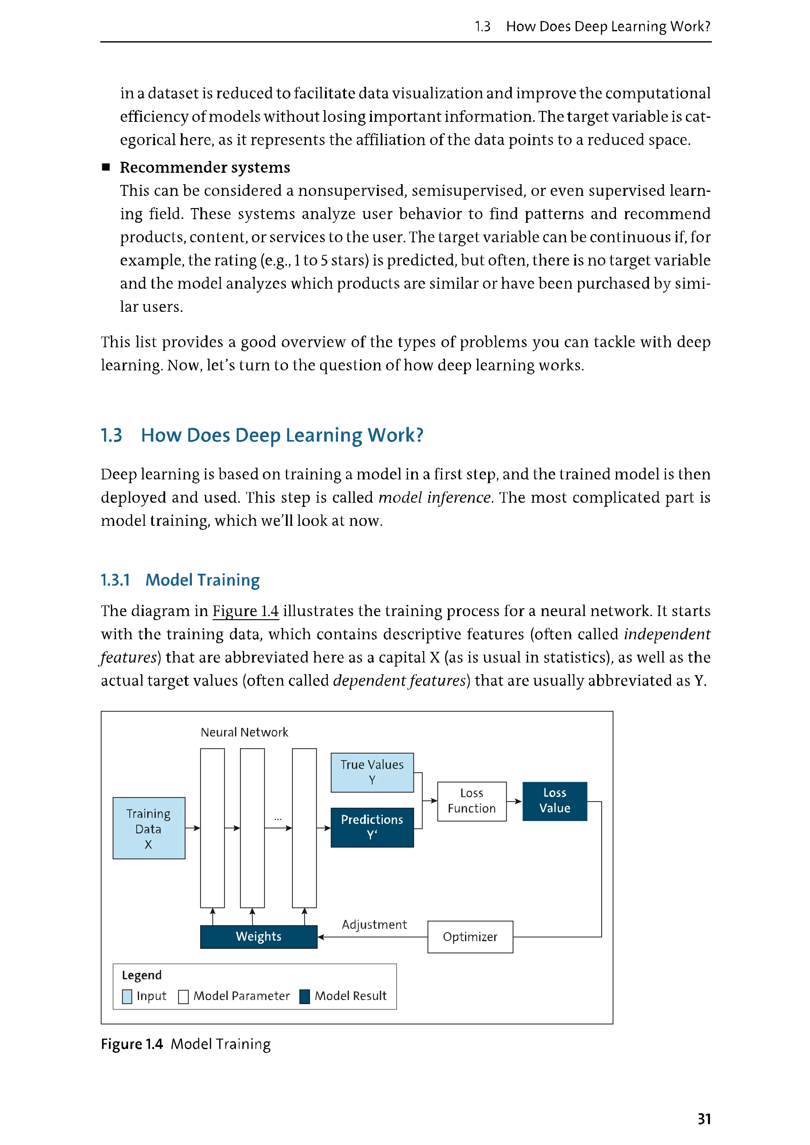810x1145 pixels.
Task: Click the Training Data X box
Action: click(x=149, y=828)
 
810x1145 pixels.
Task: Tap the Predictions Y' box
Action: click(x=372, y=827)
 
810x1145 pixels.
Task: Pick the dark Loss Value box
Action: click(x=555, y=801)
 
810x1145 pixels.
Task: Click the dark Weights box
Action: click(x=258, y=937)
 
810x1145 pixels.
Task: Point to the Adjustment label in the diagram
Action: click(x=374, y=924)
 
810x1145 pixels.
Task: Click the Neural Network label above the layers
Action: click(x=244, y=732)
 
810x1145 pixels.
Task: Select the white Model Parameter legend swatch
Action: click(x=183, y=996)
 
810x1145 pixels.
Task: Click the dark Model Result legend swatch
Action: click(x=305, y=996)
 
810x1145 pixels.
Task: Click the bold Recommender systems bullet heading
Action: click(x=205, y=167)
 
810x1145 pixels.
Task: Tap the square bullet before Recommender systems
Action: click(x=106, y=167)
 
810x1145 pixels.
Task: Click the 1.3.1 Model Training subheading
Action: click(x=180, y=580)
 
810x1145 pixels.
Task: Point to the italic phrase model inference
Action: click(x=434, y=498)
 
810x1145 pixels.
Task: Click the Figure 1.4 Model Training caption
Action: click(x=186, y=1044)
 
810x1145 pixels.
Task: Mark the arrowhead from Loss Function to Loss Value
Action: click(x=519, y=801)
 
